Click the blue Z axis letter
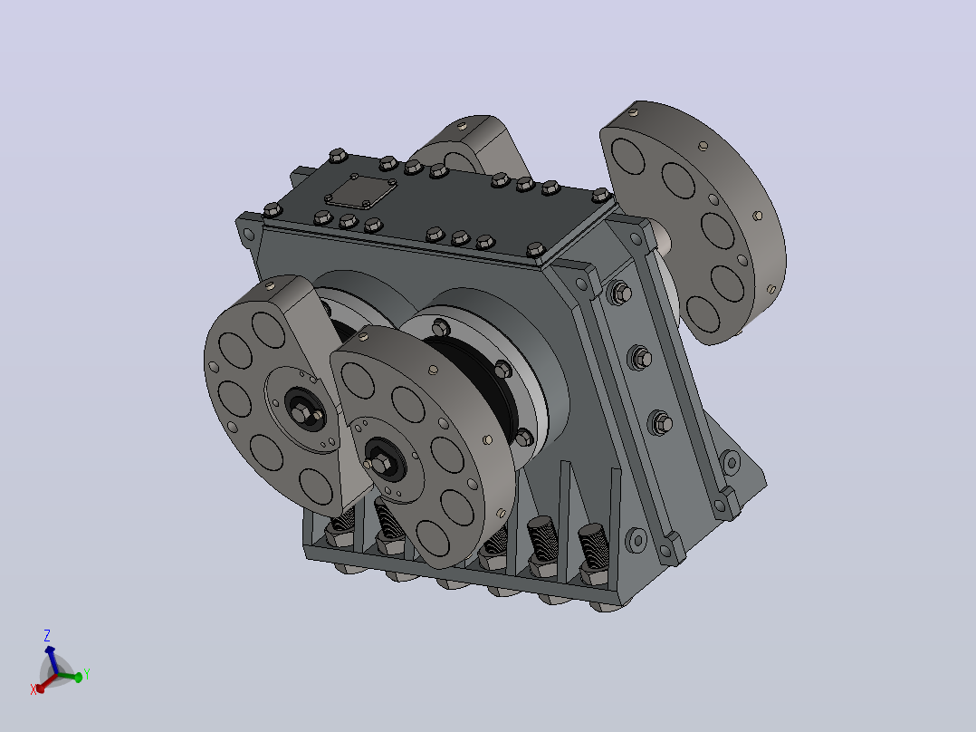click(x=47, y=635)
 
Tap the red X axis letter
click(x=33, y=689)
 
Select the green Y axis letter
click(x=87, y=674)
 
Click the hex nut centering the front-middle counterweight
click(x=379, y=464)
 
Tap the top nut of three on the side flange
click(x=620, y=292)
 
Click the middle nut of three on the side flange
click(x=640, y=358)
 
